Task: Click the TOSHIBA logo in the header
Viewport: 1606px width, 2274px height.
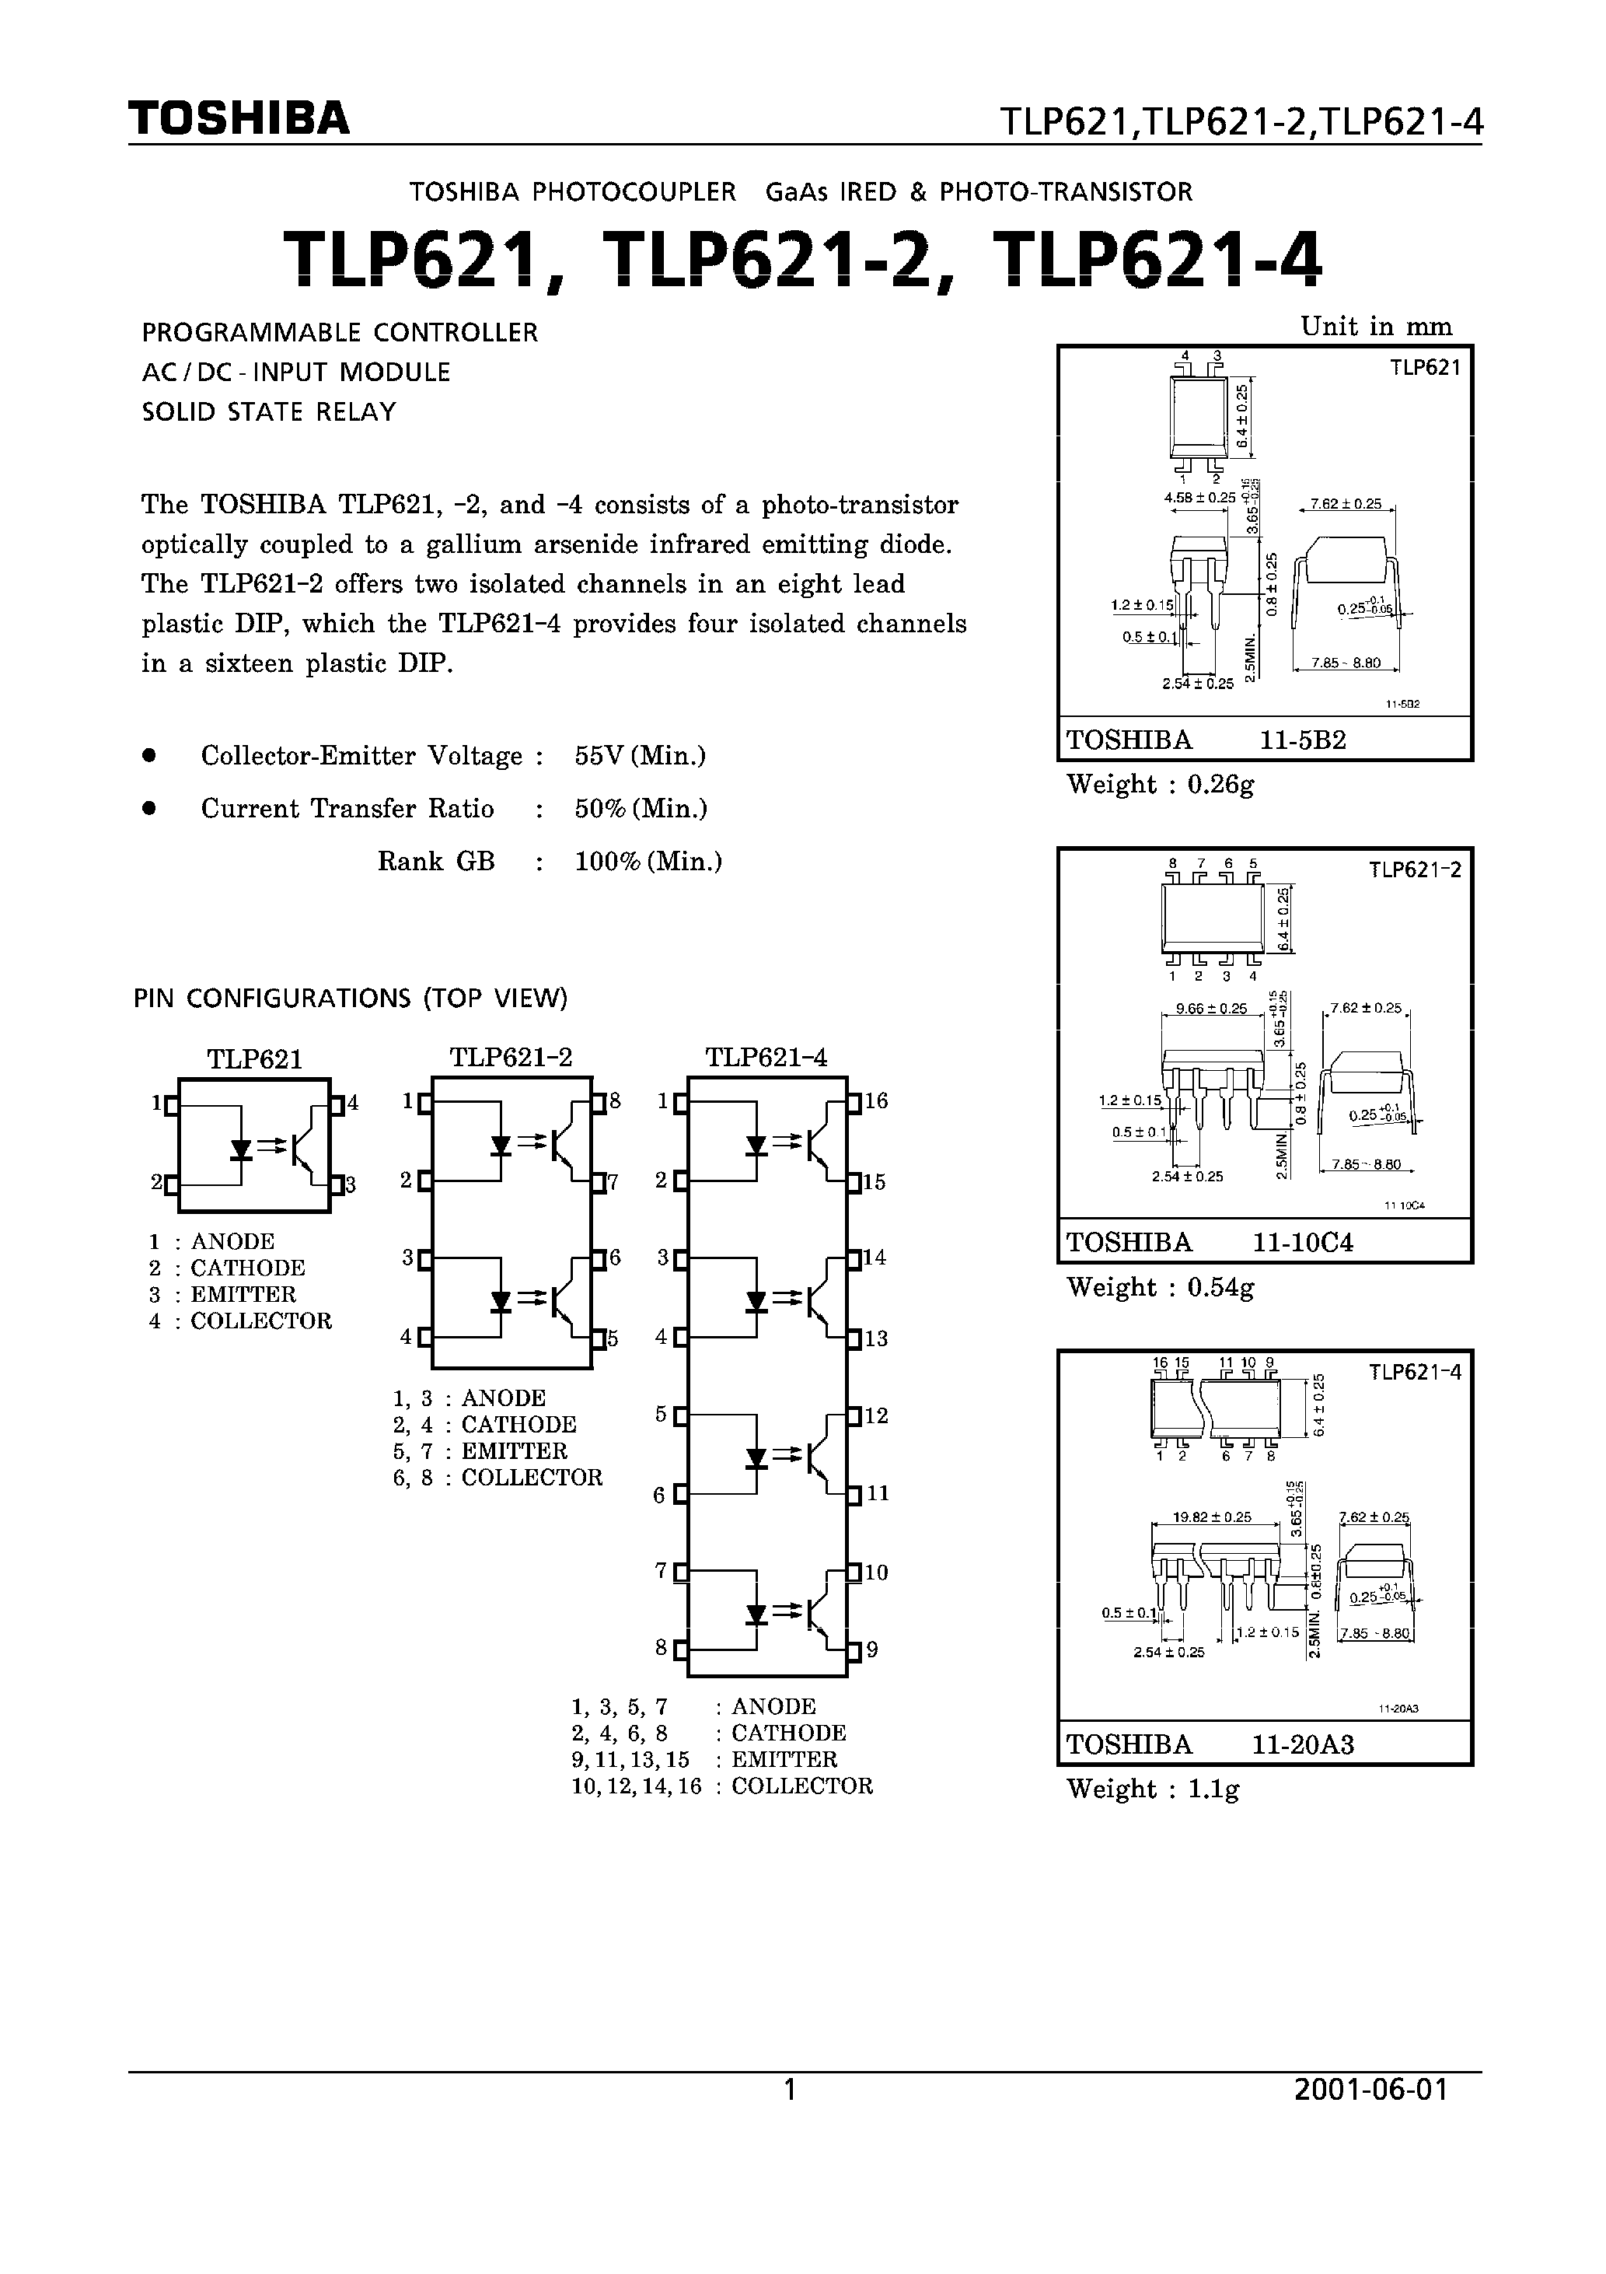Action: coord(239,119)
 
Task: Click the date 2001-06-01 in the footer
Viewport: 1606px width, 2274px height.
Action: coord(1370,2090)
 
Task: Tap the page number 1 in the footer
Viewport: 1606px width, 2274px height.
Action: coord(790,2090)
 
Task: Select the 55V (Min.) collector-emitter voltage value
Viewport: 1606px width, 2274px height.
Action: coord(640,756)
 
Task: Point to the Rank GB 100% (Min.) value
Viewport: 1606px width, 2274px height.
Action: coord(648,862)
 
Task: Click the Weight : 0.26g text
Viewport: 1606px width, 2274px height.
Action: coord(1161,785)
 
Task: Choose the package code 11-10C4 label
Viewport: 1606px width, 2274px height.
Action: coord(1302,1242)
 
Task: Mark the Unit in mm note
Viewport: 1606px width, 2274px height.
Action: coord(1375,327)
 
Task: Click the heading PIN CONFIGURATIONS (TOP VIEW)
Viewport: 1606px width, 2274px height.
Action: coord(351,999)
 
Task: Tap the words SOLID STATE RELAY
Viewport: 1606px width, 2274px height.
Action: coord(268,412)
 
